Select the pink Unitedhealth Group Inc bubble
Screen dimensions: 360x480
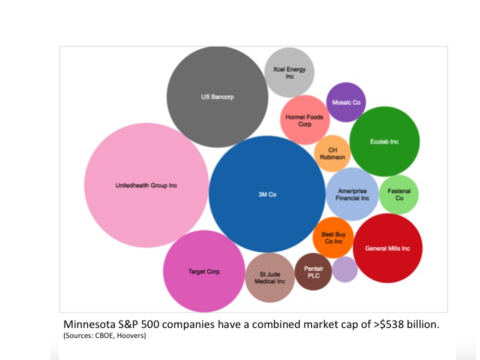click(147, 185)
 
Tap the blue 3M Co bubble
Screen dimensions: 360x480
click(267, 194)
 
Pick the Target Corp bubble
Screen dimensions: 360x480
click(204, 271)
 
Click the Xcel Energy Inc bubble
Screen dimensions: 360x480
click(289, 73)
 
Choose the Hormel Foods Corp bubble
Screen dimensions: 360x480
click(303, 120)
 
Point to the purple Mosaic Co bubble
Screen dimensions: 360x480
click(346, 102)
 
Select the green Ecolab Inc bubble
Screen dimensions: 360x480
click(384, 141)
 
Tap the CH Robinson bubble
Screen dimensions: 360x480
click(332, 153)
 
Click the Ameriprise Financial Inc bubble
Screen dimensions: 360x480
click(352, 194)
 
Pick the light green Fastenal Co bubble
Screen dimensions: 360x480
click(399, 195)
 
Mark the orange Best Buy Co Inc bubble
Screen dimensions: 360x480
click(332, 237)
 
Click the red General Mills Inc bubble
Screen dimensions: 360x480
click(388, 248)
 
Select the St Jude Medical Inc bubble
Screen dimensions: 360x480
click(269, 277)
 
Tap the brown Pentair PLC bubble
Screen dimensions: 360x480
click(313, 272)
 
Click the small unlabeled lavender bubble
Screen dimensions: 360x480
click(345, 269)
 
